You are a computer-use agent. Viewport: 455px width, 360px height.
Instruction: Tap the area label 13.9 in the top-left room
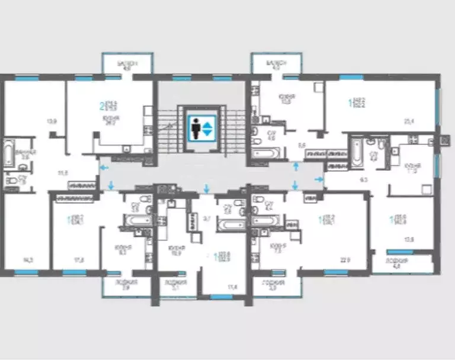[x=52, y=122]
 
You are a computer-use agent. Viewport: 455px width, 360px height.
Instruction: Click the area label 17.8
[x=78, y=259]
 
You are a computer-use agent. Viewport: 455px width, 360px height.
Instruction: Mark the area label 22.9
[x=342, y=259]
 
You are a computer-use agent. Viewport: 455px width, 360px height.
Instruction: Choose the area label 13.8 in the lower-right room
[x=409, y=239]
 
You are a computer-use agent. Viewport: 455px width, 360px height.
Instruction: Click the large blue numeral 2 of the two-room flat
[x=101, y=107]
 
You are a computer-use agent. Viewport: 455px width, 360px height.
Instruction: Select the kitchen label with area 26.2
[x=111, y=121]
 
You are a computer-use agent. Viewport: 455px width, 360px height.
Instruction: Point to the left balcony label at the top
[x=127, y=65]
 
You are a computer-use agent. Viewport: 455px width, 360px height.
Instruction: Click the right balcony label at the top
[x=277, y=65]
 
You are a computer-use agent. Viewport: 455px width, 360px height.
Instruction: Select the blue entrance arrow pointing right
[x=318, y=178]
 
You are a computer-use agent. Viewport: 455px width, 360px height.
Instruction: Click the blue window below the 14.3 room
[x=25, y=271]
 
